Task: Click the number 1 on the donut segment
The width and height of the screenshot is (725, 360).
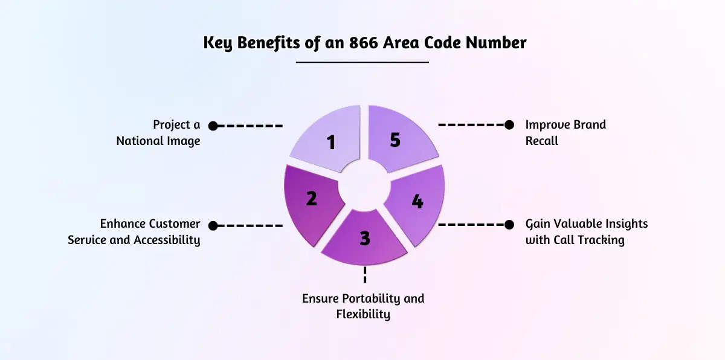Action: tap(330, 143)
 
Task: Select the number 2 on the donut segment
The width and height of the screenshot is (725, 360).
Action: tap(311, 198)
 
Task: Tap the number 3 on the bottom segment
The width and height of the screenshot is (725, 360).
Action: tap(364, 238)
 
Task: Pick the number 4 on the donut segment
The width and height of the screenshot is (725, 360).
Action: tap(417, 201)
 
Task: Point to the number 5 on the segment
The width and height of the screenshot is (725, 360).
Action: tap(395, 140)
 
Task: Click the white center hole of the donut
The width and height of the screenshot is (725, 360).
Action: tap(364, 187)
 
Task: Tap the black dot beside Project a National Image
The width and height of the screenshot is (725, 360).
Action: tap(213, 126)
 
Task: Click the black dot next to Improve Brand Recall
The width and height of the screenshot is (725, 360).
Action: tap(509, 125)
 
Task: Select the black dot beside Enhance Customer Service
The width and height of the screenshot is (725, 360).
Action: tap(213, 225)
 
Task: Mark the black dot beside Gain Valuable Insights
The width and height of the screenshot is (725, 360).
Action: tap(509, 225)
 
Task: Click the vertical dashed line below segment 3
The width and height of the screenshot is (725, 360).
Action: tap(364, 275)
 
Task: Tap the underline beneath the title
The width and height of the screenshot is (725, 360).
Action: tap(362, 62)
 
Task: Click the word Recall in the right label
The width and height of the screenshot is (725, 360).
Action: tap(542, 140)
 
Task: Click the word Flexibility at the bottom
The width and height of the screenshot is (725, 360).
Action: tap(363, 314)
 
